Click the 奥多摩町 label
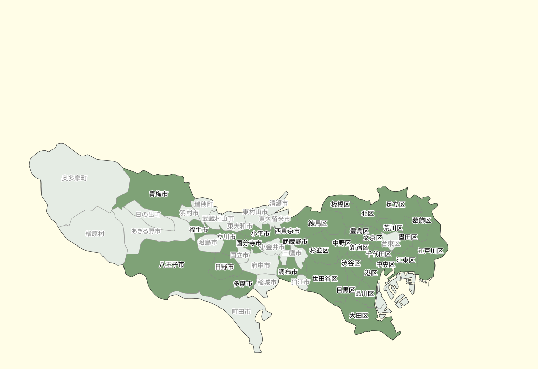74,178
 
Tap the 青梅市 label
158,194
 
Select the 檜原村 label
95,234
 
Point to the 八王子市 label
172,265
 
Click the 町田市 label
241,311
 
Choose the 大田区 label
359,316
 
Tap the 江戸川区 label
430,251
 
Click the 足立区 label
396,204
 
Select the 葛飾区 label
422,220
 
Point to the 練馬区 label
318,223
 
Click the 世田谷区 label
325,279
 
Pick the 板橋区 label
340,204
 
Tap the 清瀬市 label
279,203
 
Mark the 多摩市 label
243,283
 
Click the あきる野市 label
146,231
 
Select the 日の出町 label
148,214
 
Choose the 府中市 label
261,265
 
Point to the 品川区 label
365,294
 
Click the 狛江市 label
300,282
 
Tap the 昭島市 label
208,242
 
